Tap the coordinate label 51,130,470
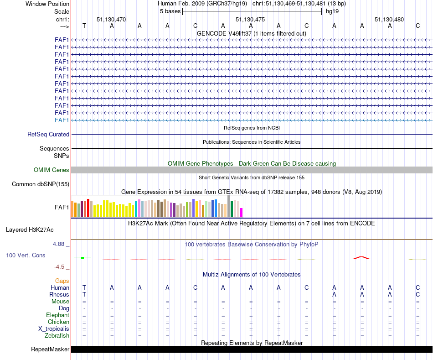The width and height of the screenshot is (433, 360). [111, 19]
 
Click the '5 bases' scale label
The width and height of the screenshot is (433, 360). [170, 11]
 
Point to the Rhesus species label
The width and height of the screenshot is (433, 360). [60, 295]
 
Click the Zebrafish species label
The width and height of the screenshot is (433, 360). [57, 336]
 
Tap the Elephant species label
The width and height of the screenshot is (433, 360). [57, 315]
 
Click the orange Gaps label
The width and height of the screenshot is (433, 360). [62, 281]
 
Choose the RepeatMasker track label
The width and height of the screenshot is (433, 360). [50, 350]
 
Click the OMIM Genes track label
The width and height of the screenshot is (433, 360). [52, 170]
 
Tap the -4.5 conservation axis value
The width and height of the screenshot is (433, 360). [60, 267]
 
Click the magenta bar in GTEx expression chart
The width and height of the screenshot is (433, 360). [242, 213]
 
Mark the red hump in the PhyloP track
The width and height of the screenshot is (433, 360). [361, 258]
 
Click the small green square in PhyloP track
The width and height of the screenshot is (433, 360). [82, 258]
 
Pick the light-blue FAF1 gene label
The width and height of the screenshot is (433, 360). [62, 120]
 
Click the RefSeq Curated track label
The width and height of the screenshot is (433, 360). [48, 135]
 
